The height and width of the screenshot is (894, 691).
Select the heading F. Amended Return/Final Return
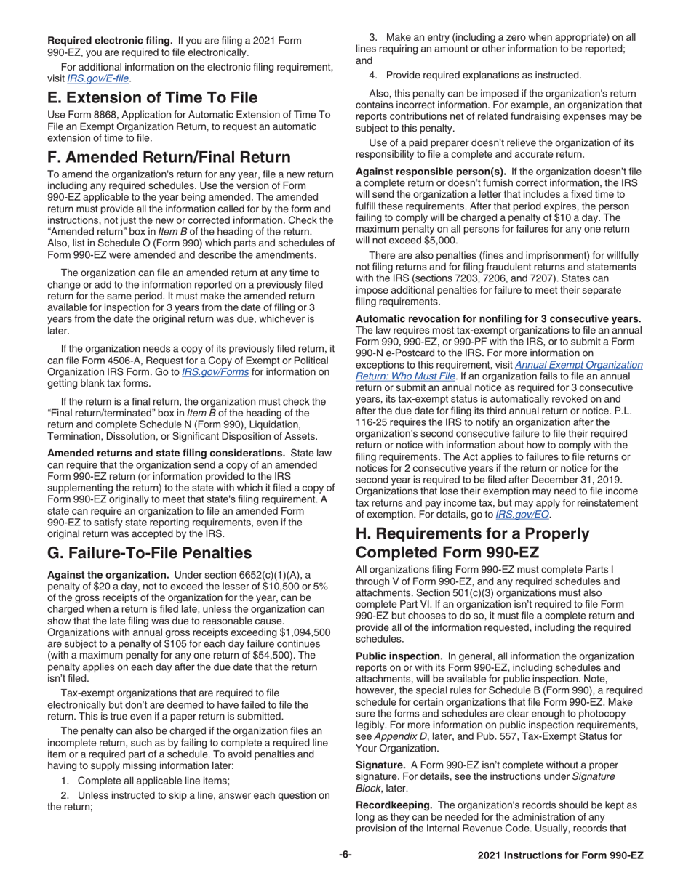169,157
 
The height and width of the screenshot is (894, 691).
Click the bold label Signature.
380,765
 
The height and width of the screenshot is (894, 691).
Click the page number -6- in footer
345,855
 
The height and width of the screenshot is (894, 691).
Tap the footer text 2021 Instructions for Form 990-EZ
560,856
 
